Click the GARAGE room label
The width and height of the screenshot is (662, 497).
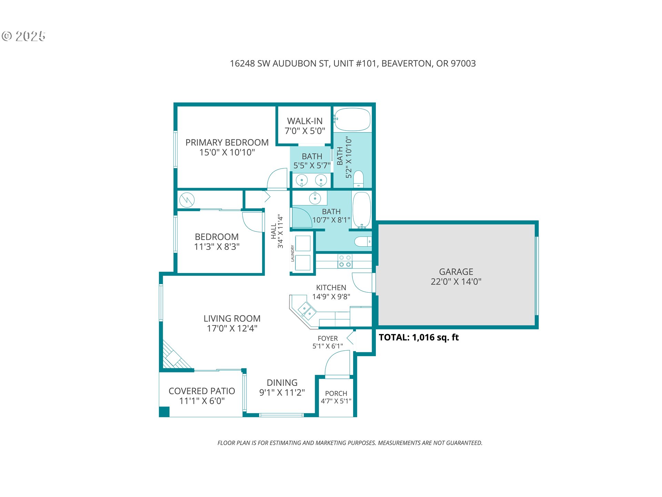(456, 272)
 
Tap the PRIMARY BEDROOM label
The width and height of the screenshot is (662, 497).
(227, 143)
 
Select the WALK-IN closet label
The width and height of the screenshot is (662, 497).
(305, 121)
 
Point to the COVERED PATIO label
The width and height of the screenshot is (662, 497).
(202, 391)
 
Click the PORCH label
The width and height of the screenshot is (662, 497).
(336, 393)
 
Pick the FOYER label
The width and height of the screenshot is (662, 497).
(328, 339)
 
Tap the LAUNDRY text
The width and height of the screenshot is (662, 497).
(292, 253)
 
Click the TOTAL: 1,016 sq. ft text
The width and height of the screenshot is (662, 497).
(419, 337)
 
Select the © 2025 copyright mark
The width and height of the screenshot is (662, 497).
(23, 36)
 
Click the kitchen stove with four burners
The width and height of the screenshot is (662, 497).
(345, 261)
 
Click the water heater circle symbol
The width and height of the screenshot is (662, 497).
(187, 200)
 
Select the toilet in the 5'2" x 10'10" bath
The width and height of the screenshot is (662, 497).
(359, 179)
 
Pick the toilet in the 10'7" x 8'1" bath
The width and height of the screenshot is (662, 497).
(363, 242)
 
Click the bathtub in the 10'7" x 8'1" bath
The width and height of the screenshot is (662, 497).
(362, 210)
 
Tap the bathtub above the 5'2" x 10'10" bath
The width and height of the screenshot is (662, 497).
(352, 119)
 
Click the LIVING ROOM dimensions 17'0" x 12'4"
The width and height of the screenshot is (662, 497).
(232, 328)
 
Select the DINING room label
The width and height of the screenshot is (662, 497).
(282, 383)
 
